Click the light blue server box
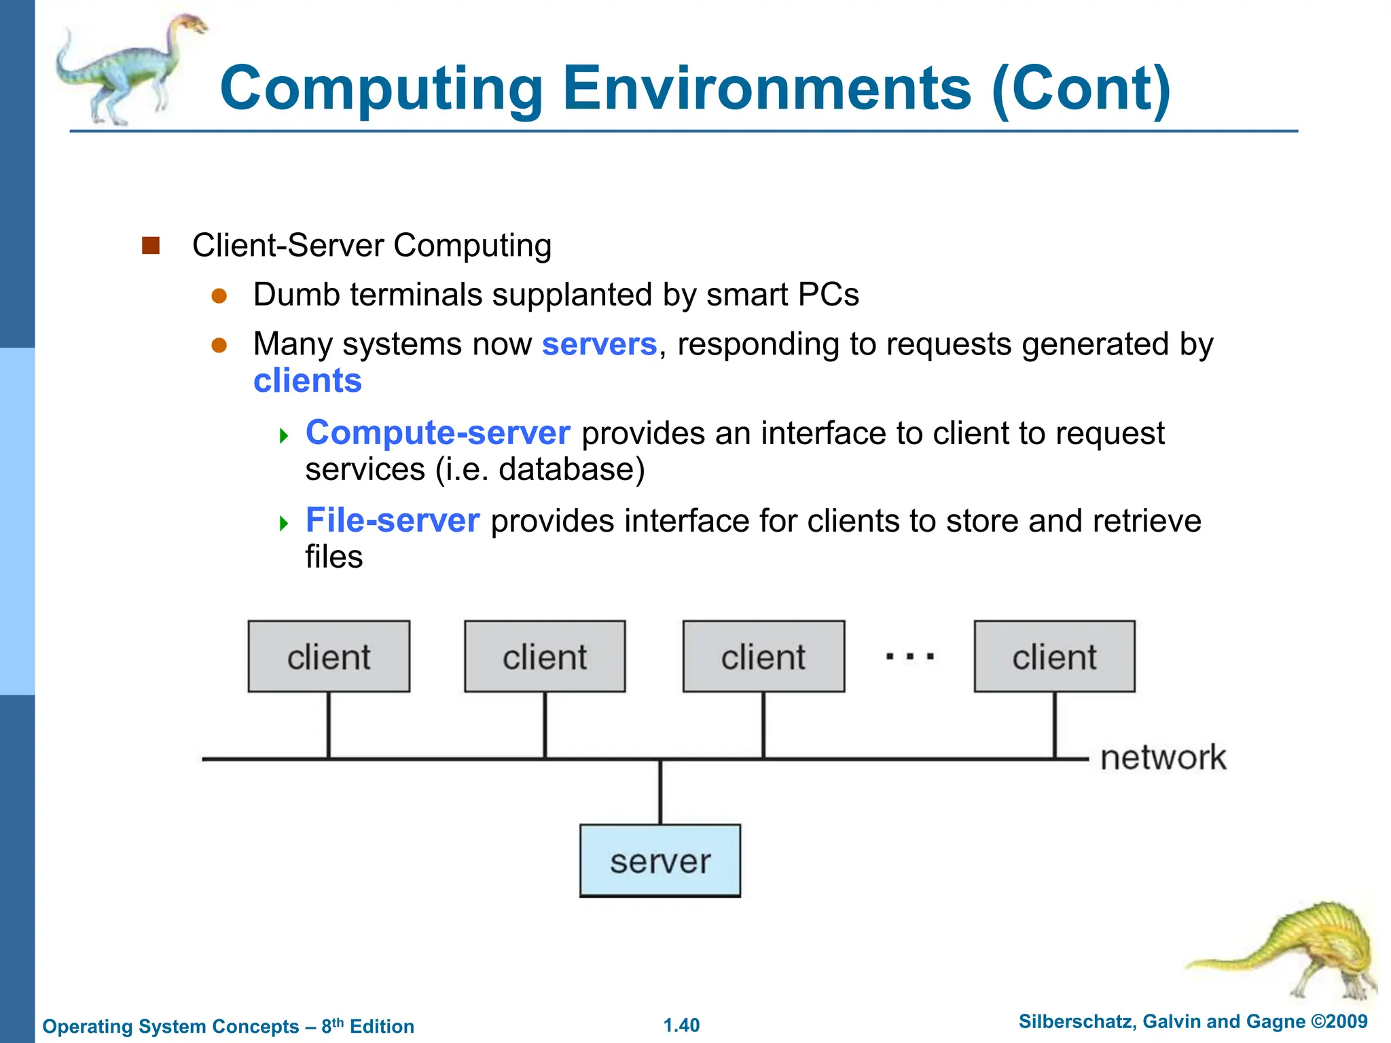(660, 860)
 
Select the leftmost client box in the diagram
(329, 656)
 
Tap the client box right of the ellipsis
(1054, 656)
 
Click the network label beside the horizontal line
(1163, 758)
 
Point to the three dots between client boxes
(910, 657)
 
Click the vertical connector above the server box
(660, 792)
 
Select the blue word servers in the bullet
(599, 344)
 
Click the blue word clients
(307, 380)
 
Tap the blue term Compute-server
(437, 433)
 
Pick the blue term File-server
(393, 520)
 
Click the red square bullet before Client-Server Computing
(150, 245)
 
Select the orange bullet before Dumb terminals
(219, 295)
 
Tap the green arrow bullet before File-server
(284, 523)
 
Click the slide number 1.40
(681, 1025)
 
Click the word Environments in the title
(767, 88)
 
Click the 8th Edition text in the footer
(367, 1026)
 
